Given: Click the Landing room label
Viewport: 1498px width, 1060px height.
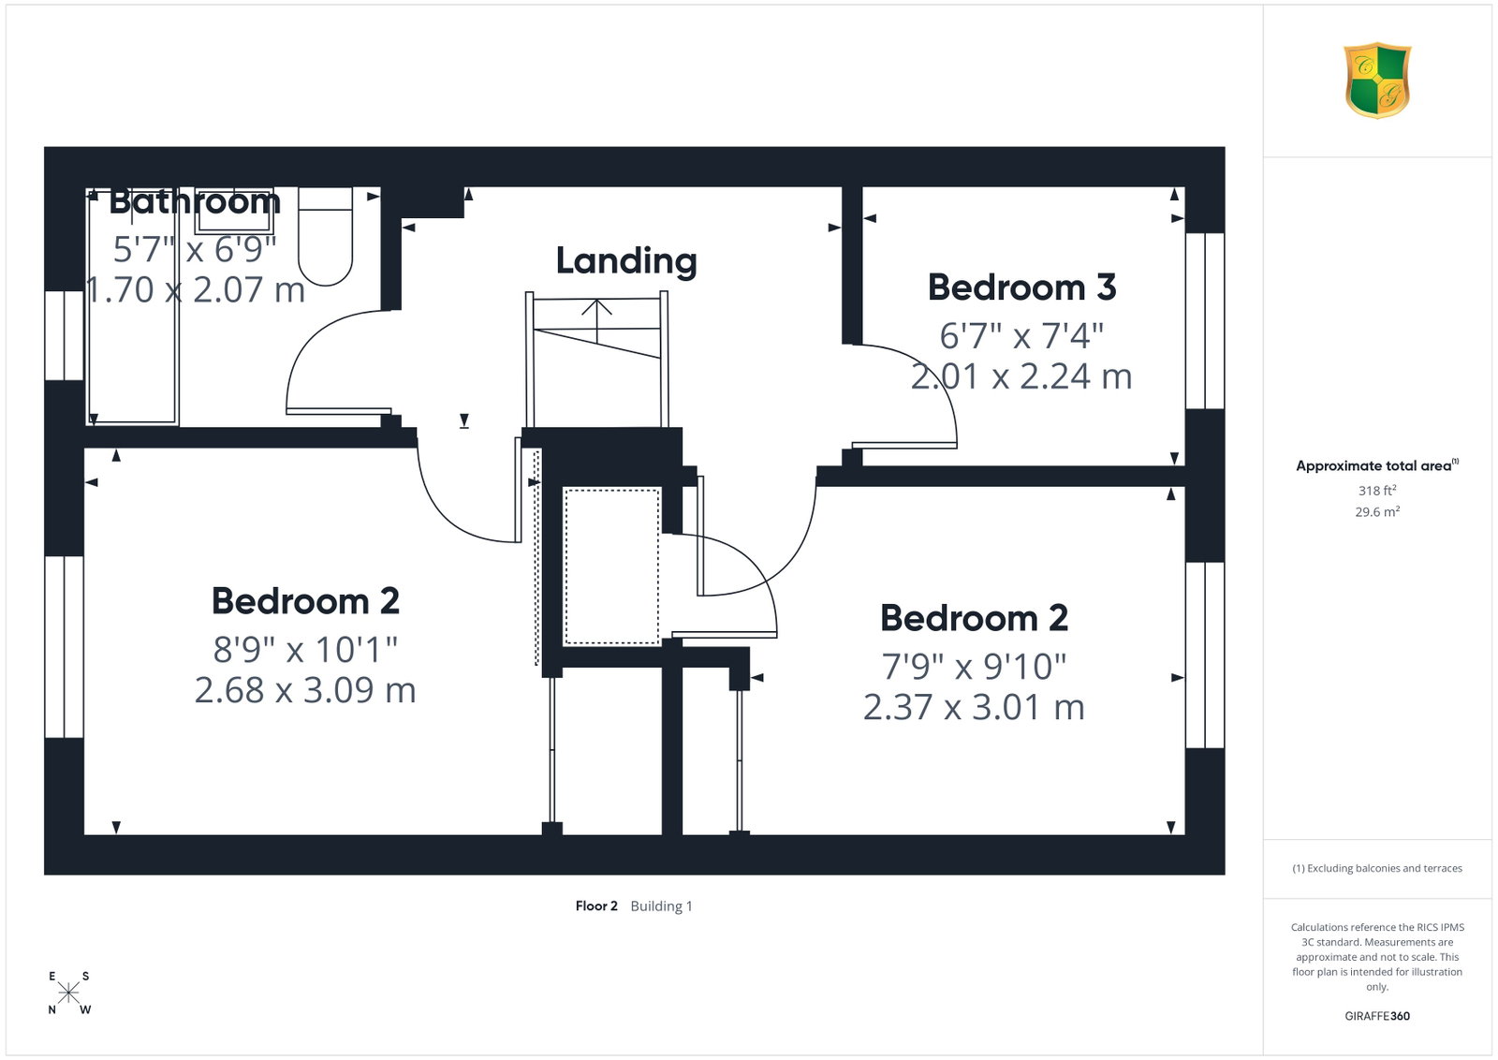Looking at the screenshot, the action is (626, 261).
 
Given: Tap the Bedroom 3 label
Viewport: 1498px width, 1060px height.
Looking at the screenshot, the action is (1021, 287).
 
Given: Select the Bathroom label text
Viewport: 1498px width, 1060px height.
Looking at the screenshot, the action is (194, 201).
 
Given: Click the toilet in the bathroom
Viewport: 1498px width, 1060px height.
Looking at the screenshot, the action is (325, 236).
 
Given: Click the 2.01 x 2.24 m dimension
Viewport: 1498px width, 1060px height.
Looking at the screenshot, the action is (1021, 376).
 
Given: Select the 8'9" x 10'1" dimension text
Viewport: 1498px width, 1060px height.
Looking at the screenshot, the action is (305, 649).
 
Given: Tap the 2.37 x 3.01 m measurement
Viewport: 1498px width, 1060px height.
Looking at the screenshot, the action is (974, 708).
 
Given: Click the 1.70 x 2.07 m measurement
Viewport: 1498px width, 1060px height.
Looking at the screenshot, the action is (196, 290).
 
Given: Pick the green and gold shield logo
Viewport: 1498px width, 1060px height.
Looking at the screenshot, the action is (1377, 81).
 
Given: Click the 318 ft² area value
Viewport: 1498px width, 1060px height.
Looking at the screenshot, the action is (1377, 491).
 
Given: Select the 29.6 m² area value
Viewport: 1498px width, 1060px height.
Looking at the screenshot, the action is (1377, 511).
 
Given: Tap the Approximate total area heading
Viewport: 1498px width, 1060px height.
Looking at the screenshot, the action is (1377, 465).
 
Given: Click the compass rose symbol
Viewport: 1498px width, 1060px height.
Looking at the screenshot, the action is (68, 994).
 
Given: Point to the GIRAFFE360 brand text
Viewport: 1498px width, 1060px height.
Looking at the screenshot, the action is (1377, 1016).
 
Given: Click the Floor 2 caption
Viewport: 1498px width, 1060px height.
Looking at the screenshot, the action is (596, 906).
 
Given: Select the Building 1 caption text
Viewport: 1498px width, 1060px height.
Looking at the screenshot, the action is (661, 906).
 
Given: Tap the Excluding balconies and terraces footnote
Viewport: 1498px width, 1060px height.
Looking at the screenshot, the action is (1377, 868).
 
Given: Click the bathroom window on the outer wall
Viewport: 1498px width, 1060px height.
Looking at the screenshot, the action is (65, 336).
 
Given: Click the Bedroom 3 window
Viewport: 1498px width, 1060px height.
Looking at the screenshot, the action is (1205, 321).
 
